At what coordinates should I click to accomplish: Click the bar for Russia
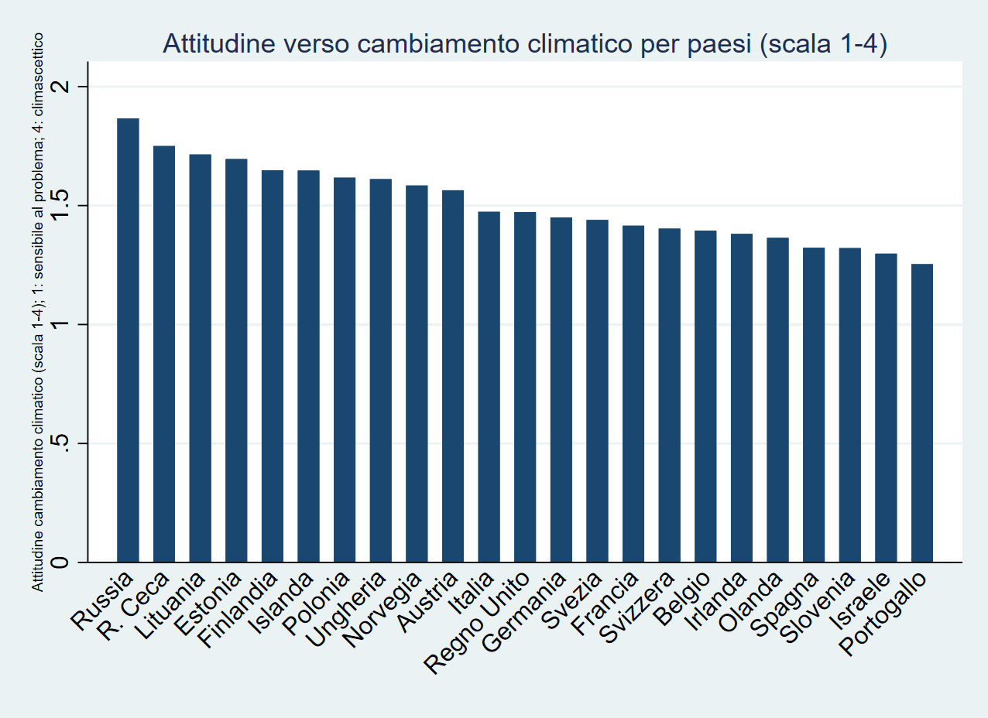(x=128, y=340)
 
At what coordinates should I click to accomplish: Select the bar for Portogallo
(x=922, y=413)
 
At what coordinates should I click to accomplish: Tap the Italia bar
(x=489, y=387)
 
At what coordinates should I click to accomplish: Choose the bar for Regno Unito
(x=525, y=387)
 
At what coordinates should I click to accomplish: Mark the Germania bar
(x=561, y=390)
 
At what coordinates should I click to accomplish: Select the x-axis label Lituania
(x=170, y=610)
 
